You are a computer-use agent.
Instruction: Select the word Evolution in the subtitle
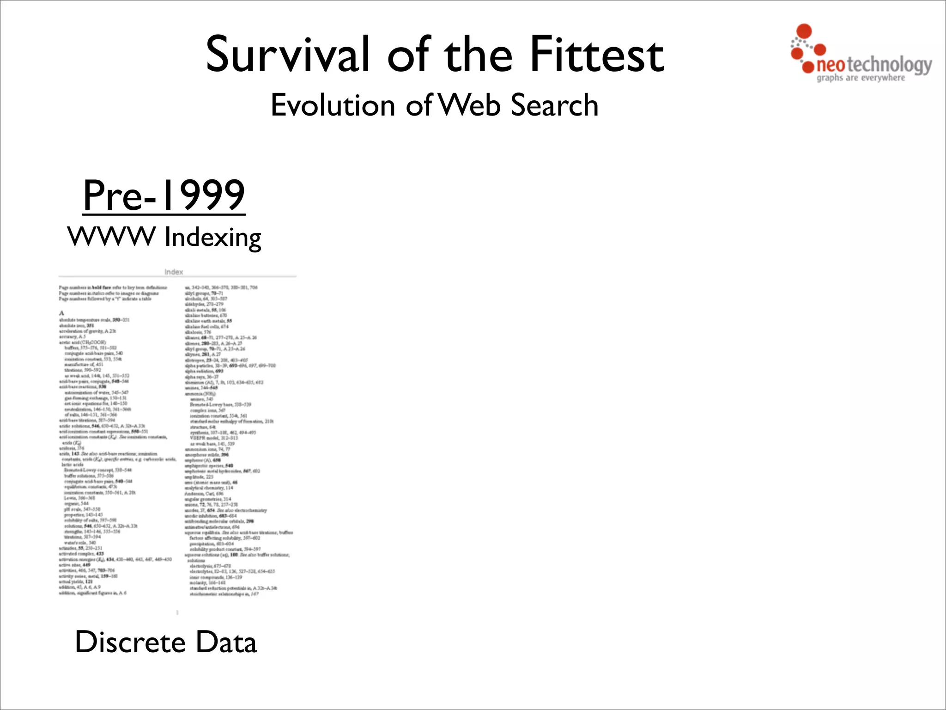(333, 105)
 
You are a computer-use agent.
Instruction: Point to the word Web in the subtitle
(469, 105)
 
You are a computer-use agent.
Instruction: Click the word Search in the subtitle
(555, 105)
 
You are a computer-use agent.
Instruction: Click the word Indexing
(213, 238)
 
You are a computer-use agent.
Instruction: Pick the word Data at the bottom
(226, 643)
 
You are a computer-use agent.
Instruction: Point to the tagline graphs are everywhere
(861, 78)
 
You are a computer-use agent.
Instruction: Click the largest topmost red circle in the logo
(805, 31)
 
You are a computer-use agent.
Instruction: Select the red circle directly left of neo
(808, 67)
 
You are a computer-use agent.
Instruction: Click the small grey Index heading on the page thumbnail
(174, 272)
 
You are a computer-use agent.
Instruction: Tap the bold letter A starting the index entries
(61, 313)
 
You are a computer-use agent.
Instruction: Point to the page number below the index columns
(177, 612)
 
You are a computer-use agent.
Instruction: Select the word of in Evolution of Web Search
(418, 105)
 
